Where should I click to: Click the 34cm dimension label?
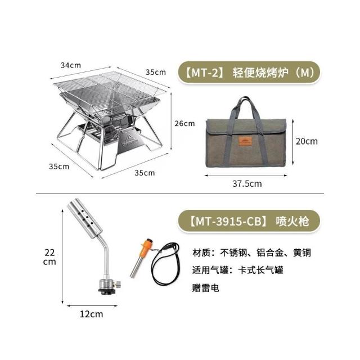point(71,65)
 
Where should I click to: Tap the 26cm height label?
point(184,124)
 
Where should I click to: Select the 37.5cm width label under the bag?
point(247,184)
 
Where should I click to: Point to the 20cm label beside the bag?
point(307,141)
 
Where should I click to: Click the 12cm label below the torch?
point(91,314)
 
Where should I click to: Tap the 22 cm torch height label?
point(49,257)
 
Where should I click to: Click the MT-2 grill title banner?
point(249,73)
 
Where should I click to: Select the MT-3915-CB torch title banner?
point(249,221)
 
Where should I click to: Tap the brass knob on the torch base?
point(119,285)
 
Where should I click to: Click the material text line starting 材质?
point(251,253)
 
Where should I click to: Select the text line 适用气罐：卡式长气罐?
point(238,270)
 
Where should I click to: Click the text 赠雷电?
point(206,287)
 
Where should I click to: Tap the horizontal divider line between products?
point(180,193)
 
